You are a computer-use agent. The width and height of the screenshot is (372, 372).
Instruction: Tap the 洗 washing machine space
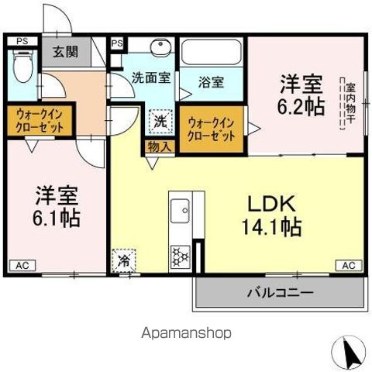159,120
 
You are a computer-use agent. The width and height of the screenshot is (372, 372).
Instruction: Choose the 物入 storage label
150,146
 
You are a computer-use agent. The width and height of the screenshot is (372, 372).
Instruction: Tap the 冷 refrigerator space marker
124,260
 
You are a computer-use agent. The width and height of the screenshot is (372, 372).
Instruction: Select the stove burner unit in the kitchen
180,255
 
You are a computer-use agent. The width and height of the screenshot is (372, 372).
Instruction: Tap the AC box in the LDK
348,265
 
